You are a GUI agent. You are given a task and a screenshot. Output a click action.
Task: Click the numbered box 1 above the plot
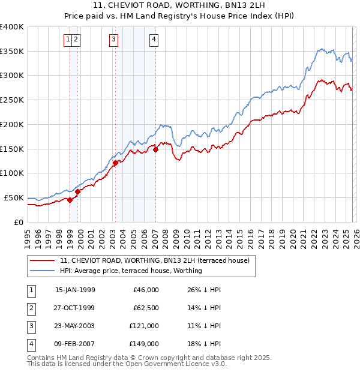[68, 40]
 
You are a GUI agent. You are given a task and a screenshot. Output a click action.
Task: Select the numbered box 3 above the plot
[113, 40]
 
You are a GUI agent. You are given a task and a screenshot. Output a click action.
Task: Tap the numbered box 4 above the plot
[154, 40]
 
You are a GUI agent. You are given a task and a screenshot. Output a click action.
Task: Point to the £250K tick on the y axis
[12, 100]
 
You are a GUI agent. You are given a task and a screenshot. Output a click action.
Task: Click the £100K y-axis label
[12, 173]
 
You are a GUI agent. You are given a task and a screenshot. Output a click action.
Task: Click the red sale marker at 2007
[155, 149]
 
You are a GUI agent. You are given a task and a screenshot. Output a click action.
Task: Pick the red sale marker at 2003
[116, 163]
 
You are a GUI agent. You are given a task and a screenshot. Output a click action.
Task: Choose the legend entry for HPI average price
[131, 271]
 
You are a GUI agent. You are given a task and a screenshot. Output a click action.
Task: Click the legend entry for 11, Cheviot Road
[158, 260]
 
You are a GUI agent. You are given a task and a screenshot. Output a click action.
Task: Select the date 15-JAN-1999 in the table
[75, 290]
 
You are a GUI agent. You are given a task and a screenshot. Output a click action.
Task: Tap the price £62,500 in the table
[145, 308]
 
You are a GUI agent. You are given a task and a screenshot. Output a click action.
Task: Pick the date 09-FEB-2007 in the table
[75, 344]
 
